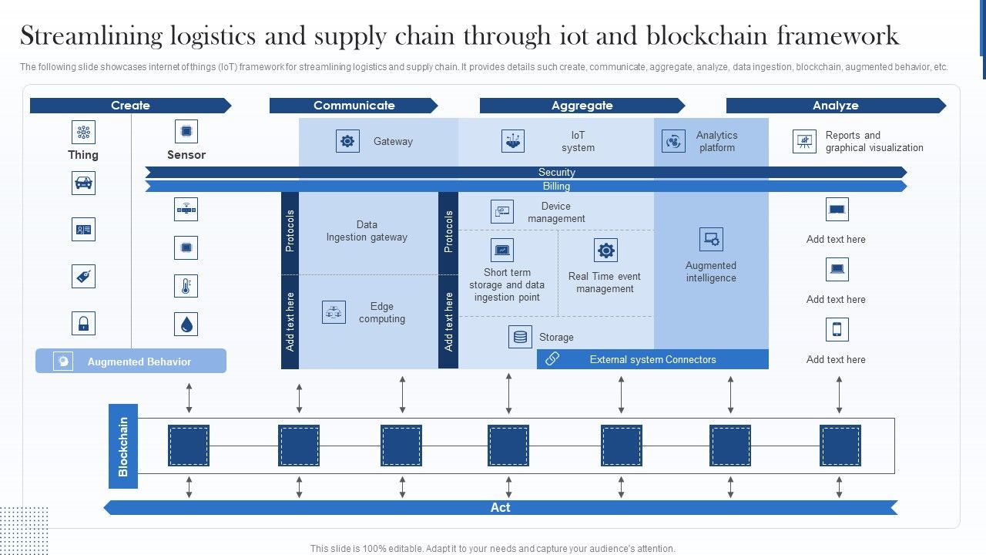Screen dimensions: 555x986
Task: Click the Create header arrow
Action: pos(130,106)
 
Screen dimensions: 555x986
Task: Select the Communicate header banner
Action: pos(354,106)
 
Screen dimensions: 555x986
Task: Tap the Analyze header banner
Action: pos(835,106)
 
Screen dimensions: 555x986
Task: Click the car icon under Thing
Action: pos(83,183)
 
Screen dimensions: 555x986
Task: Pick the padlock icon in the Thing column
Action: pos(83,323)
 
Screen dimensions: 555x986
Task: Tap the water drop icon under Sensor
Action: pos(186,325)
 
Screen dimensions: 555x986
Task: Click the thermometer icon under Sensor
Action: pos(186,286)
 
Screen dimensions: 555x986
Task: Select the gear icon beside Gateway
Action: pos(347,141)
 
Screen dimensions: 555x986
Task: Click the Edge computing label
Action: pos(381,312)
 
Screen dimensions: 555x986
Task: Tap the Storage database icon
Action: pos(520,337)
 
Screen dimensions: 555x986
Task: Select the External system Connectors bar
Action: pos(652,359)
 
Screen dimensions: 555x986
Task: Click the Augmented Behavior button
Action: pos(131,361)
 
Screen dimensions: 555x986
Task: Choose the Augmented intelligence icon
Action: pos(711,239)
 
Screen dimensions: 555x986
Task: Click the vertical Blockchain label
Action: pos(123,446)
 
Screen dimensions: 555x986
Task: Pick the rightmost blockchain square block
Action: pos(840,446)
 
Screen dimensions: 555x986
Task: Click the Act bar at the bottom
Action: pos(501,507)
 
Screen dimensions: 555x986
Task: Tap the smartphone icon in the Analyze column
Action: pos(837,329)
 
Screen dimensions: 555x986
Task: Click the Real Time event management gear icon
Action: pos(605,251)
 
